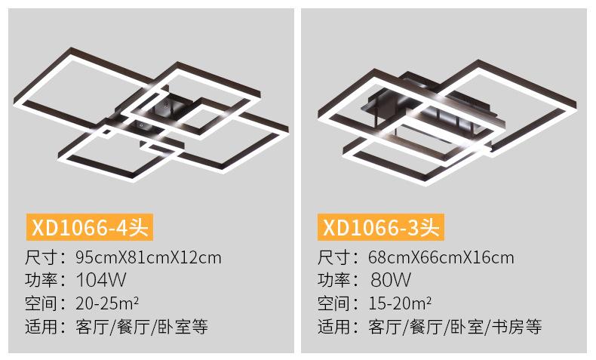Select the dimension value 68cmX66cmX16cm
441,257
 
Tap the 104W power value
100,280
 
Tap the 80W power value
391,280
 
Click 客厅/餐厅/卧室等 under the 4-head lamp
142,327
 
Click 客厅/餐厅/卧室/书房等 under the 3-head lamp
455,327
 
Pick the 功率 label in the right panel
333,280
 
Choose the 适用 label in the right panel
333,327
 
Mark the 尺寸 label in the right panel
333,257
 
